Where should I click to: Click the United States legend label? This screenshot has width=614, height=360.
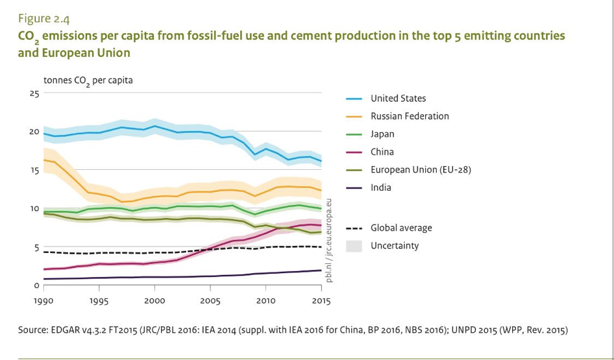pos(398,99)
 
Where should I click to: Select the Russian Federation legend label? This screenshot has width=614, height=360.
pos(410,116)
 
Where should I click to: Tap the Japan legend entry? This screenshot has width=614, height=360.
pos(382,134)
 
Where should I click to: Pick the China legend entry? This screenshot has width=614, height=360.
pos(382,152)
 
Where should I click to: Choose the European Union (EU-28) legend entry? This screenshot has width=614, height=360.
pos(420,170)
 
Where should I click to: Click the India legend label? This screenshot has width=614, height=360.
pos(381,187)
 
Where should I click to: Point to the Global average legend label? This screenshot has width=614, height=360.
pos(400,228)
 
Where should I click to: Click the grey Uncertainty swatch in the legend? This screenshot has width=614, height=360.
pos(354,246)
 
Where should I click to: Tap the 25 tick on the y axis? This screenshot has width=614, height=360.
pos(34,93)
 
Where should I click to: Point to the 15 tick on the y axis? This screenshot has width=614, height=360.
pos(34,171)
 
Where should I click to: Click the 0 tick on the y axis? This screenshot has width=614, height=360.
pos(36,285)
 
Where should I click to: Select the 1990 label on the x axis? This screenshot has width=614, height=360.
pos(44,301)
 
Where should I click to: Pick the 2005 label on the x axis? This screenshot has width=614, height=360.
pos(210,301)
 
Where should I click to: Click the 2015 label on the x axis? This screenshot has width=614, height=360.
pos(321,301)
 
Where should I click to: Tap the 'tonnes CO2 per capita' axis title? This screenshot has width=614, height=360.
pos(88,81)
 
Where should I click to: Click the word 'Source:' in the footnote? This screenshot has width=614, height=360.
pos(34,330)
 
